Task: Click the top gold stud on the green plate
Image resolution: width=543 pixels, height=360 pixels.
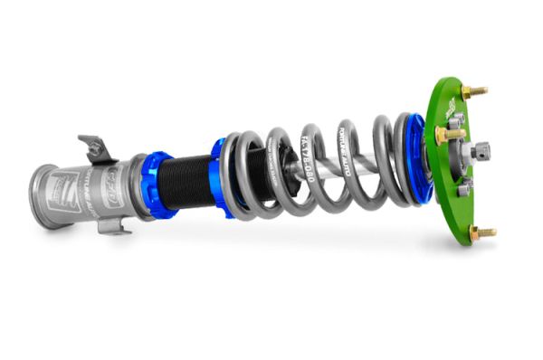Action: pyautogui.click(x=472, y=91)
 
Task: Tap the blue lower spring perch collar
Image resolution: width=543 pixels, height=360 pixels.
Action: pyautogui.click(x=220, y=176)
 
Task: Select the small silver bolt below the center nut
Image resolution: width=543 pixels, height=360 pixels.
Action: pyautogui.click(x=465, y=185)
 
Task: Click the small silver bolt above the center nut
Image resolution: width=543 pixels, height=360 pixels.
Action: pyautogui.click(x=457, y=118)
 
